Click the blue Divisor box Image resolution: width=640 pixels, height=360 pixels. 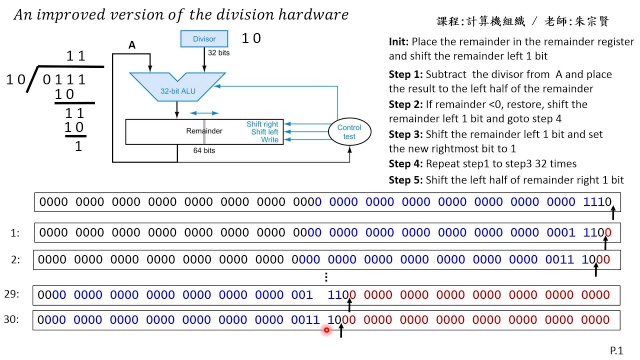coord(204,39)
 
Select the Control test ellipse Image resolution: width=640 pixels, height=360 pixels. coord(349,132)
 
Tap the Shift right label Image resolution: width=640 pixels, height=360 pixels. coord(262,124)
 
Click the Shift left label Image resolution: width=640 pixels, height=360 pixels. coord(264,132)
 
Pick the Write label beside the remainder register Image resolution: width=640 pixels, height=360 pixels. coord(269,140)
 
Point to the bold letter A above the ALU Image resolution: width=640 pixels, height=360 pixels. coord(132,45)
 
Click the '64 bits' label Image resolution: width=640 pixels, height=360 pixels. coord(204,150)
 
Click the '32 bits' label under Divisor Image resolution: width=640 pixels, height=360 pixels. coord(219,52)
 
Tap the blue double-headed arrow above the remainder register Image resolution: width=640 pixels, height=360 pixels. coord(204,113)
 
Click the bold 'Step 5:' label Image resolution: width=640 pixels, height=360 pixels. coord(405,180)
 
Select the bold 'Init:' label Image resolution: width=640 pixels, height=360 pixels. coord(399,42)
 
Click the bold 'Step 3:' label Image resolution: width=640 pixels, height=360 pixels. coord(405,134)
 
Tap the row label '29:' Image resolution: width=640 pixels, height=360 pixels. coord(11,294)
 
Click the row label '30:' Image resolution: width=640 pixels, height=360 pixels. coord(11,319)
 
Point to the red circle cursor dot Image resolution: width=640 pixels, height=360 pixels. coord(326,330)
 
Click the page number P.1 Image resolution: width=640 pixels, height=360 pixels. coord(616,351)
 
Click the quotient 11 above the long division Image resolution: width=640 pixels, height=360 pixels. coord(75,56)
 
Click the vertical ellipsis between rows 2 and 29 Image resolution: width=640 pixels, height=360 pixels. coord(326,277)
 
